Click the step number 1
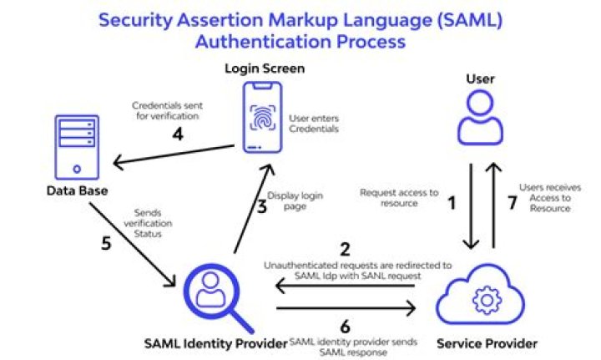coord(453,201)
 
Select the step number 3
coord(261,207)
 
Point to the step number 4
coord(177,134)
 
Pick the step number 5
coord(105,245)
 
